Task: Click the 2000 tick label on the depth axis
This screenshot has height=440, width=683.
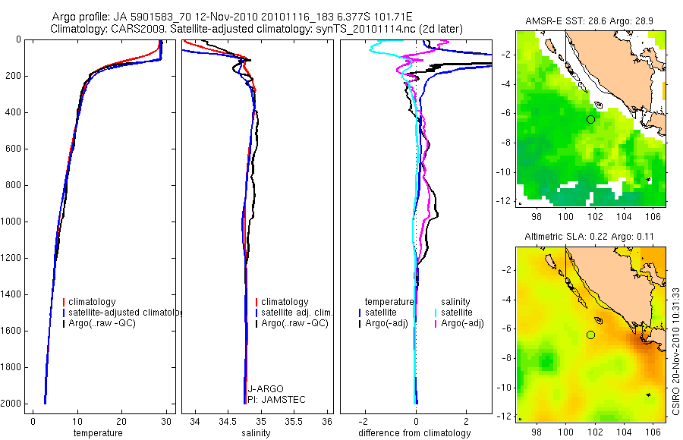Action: tap(11, 404)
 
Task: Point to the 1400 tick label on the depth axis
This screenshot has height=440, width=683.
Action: tap(11, 294)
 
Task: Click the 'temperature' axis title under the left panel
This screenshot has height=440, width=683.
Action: tap(97, 433)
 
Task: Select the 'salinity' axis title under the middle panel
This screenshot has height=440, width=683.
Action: tap(257, 433)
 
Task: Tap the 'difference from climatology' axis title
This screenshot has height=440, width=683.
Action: tap(414, 433)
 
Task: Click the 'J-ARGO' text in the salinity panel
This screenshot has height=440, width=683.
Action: tap(266, 389)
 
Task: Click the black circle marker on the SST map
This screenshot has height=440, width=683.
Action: tap(590, 119)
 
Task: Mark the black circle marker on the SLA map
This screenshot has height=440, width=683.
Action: tap(590, 335)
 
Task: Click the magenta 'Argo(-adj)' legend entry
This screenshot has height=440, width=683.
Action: tap(462, 323)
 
